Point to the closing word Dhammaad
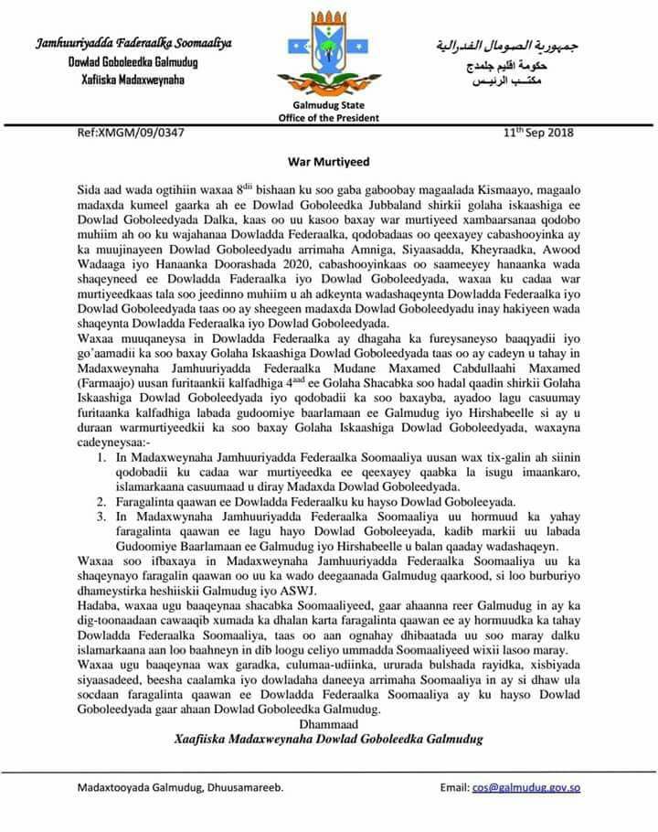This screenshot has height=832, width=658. tap(329, 723)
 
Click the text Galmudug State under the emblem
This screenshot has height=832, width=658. tap(329, 106)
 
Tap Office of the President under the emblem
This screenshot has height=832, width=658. tap(329, 117)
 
